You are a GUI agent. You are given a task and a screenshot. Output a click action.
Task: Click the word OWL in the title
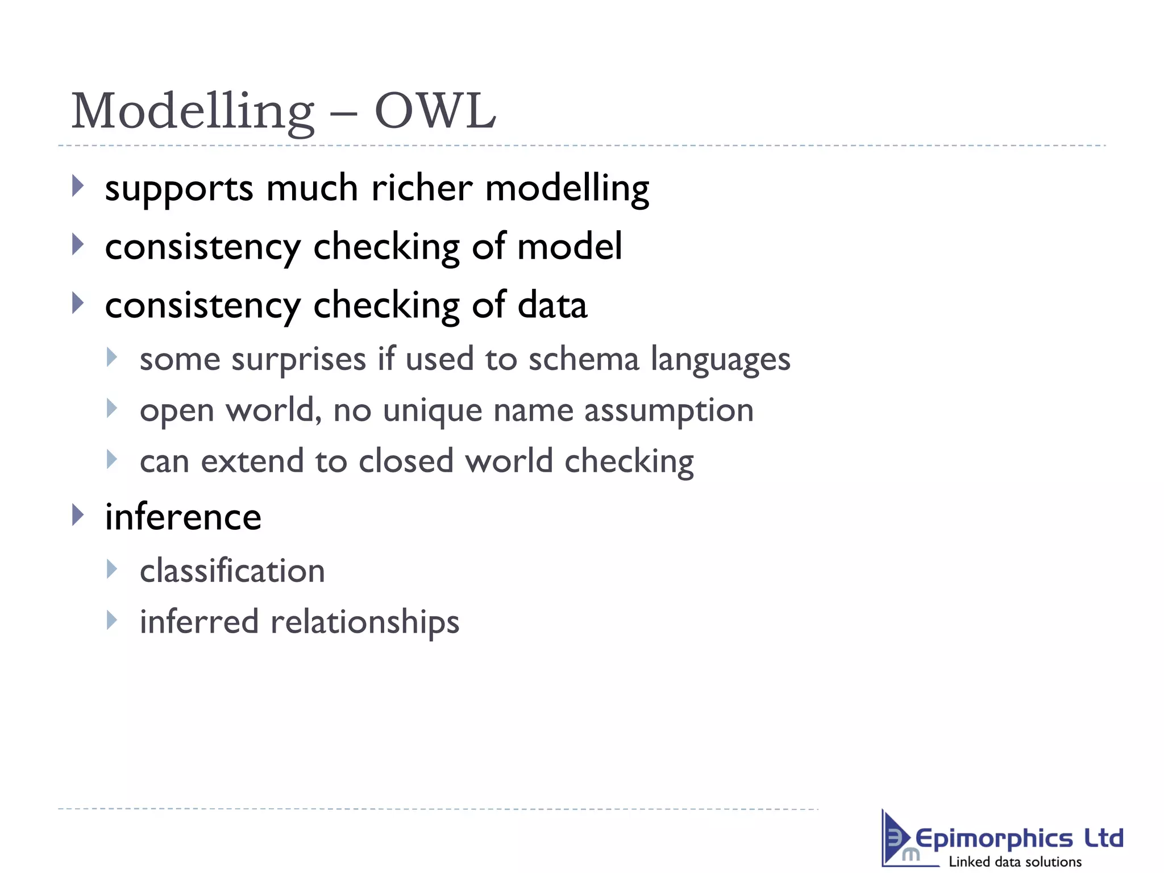coord(435,111)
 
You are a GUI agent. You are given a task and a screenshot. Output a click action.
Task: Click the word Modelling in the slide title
coord(192,112)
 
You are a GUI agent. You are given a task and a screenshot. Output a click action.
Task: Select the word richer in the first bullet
coord(422,188)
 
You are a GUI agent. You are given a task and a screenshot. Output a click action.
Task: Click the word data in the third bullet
coord(552,305)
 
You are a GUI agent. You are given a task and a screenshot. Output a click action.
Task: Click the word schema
coord(583,359)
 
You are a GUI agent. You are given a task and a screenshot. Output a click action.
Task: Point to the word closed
coord(406,461)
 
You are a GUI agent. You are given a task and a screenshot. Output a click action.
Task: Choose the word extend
coord(252,461)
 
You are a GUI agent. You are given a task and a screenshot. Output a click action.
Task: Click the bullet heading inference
coord(183,517)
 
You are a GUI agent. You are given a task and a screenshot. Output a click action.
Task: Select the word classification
coord(232,571)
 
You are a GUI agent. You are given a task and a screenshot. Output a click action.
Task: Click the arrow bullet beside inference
coord(78,515)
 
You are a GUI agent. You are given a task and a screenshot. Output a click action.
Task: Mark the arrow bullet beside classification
coord(112,569)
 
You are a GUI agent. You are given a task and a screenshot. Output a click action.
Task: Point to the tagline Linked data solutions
coord(1015,862)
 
